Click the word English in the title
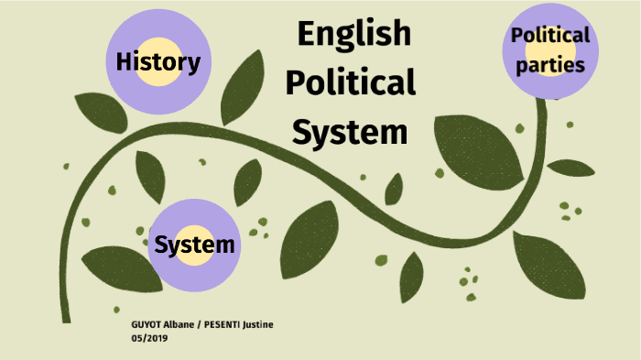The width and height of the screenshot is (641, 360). point(353,35)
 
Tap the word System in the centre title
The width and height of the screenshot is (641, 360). point(350,132)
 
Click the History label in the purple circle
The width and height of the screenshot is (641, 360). point(158,62)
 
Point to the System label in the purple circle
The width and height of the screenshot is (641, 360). point(194,245)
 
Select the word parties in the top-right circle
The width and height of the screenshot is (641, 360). point(549,65)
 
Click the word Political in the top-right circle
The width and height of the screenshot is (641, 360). point(550,36)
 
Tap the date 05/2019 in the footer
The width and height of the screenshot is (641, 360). point(150,338)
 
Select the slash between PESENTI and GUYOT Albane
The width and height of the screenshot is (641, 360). point(199,326)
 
